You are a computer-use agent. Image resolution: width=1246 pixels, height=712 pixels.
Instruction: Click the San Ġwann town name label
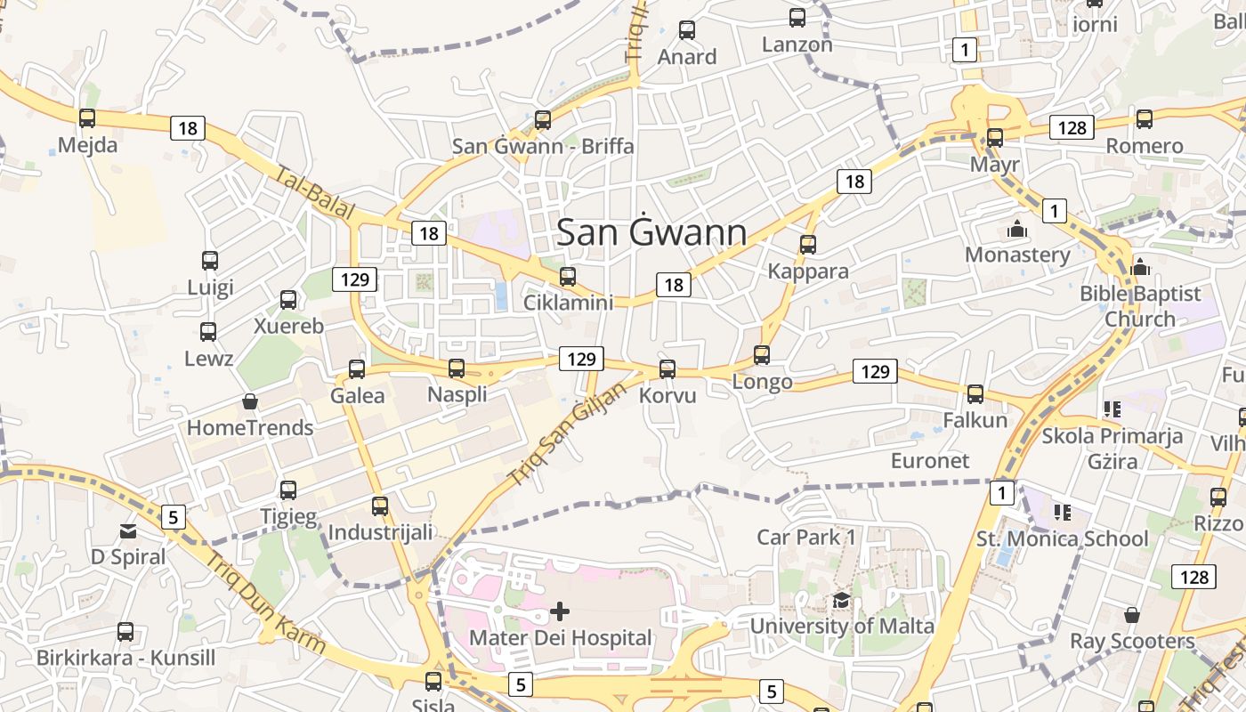(x=651, y=232)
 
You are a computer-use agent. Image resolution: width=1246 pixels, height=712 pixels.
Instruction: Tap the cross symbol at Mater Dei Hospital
(x=560, y=611)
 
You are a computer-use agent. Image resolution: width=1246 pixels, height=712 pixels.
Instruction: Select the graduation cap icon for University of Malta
(x=841, y=601)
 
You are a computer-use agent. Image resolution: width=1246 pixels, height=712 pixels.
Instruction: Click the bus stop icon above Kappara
(x=808, y=244)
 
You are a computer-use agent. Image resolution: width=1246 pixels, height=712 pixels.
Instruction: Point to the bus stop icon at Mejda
(x=87, y=117)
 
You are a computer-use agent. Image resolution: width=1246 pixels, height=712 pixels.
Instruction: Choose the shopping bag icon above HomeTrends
(x=250, y=402)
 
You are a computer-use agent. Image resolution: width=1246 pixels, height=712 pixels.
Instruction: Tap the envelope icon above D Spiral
(x=128, y=531)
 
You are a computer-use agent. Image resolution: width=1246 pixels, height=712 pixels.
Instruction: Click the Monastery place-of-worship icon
(x=1017, y=229)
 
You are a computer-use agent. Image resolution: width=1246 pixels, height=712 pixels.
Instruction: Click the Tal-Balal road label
(x=315, y=193)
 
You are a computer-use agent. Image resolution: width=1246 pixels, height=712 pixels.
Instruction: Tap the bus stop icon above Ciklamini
(x=568, y=276)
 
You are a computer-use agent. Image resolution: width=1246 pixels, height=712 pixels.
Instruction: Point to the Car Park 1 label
(x=806, y=537)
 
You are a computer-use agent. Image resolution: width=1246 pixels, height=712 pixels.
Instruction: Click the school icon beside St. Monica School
(x=1062, y=513)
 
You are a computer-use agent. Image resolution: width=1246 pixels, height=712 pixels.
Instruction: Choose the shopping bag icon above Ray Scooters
(x=1132, y=615)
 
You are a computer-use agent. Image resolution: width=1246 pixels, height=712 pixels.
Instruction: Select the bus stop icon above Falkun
(x=975, y=393)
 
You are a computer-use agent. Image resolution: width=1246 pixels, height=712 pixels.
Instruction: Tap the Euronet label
(x=930, y=460)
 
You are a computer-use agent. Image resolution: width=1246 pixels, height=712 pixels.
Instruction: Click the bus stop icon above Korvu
(x=667, y=368)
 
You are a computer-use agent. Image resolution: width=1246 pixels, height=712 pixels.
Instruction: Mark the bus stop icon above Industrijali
(x=380, y=506)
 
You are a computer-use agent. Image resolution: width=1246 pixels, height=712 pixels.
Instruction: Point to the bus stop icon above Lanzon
(x=797, y=17)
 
